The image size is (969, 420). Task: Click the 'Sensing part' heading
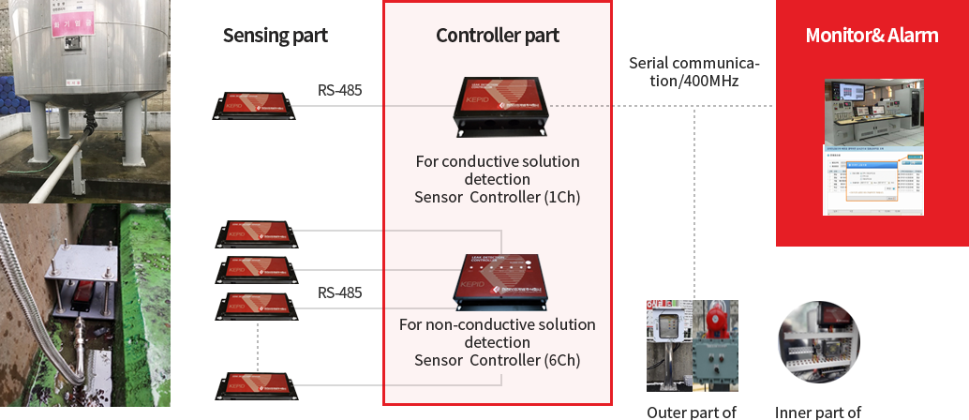(x=276, y=37)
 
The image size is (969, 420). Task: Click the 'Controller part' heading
(x=498, y=37)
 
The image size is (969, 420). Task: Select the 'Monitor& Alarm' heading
(x=872, y=37)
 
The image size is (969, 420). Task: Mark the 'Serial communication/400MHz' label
(x=694, y=71)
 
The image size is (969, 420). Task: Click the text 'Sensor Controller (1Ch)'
(x=498, y=197)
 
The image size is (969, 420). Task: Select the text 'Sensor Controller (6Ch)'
(x=498, y=361)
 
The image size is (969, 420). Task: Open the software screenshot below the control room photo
(x=872, y=180)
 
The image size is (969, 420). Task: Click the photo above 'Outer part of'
(x=692, y=345)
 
